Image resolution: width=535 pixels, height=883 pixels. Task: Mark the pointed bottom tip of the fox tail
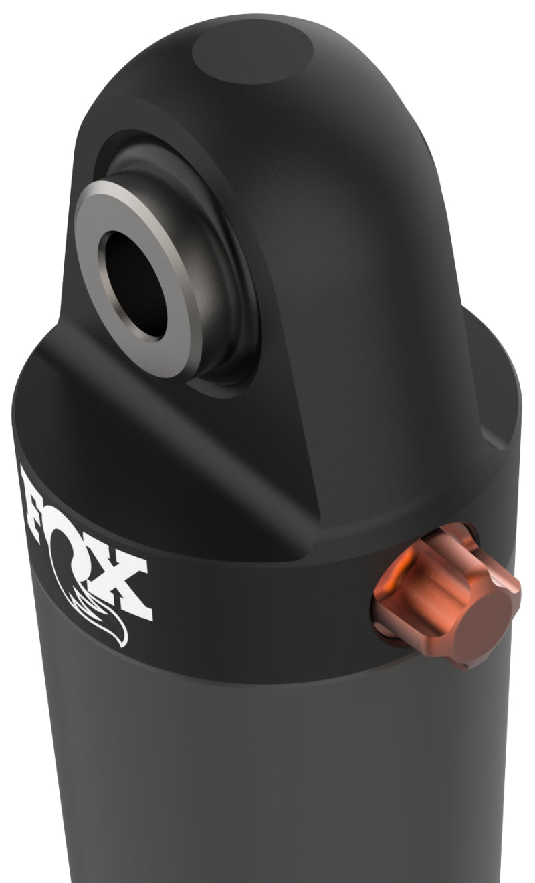coord(123,645)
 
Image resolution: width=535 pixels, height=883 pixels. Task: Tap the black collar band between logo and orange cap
coord(267,628)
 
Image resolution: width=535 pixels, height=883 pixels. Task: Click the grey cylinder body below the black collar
coord(267,788)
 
